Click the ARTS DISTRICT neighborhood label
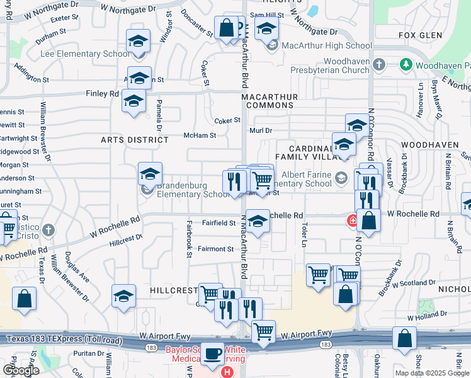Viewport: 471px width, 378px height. coord(132,141)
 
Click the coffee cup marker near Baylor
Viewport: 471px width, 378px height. coord(213,355)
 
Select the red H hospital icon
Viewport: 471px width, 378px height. coord(226,372)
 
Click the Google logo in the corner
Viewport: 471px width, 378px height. coord(21,370)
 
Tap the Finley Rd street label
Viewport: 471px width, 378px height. coord(103,94)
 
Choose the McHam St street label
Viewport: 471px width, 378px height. coord(200,135)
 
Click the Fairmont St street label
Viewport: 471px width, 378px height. coord(216,249)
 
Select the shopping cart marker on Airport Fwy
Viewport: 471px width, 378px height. coord(263,331)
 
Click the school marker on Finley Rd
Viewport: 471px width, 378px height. coord(133,101)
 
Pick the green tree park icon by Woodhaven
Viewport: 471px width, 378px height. coord(406,64)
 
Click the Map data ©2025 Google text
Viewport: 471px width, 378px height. coord(431,373)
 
